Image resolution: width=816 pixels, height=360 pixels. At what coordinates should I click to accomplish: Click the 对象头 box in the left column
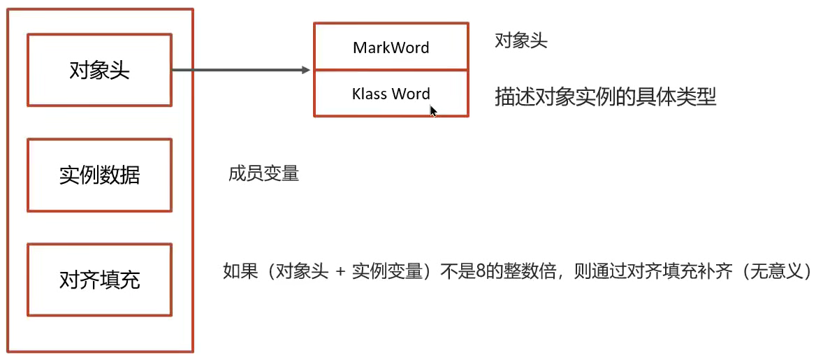tap(99, 70)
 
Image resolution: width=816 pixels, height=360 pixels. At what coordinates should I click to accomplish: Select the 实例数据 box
tap(99, 175)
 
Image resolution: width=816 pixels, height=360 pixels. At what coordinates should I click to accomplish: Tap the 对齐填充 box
tap(99, 280)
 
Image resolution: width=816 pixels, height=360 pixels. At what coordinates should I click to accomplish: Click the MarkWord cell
tap(391, 48)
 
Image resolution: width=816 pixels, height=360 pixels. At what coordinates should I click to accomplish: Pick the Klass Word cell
tap(391, 94)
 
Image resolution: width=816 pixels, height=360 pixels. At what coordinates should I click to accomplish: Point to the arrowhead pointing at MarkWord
tap(305, 70)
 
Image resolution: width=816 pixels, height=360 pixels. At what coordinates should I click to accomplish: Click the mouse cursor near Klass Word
tap(433, 110)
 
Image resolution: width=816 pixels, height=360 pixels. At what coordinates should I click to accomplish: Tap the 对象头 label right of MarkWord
tap(520, 41)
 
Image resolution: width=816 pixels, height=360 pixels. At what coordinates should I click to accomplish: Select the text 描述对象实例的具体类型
tap(606, 96)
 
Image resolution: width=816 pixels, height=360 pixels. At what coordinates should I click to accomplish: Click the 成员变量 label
tap(263, 173)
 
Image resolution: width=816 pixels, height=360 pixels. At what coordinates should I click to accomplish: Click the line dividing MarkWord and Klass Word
tap(391, 70)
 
